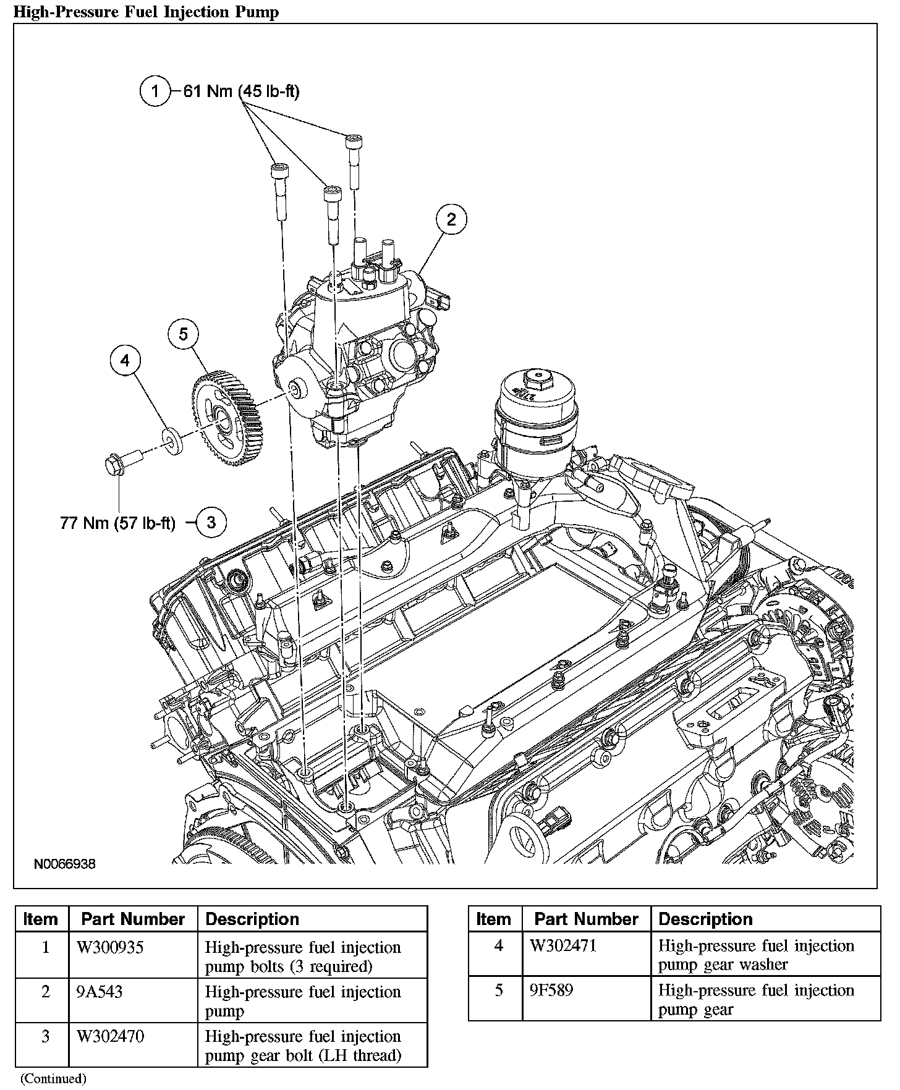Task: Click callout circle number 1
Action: point(155,91)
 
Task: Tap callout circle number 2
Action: point(451,219)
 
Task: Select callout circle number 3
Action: point(211,523)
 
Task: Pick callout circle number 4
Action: point(125,360)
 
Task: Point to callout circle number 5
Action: point(184,334)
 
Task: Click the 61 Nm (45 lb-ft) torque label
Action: point(241,91)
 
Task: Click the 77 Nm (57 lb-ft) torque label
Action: point(117,523)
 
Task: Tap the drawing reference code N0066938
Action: point(65,864)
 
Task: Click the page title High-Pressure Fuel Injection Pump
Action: point(146,12)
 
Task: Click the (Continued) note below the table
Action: point(53,1078)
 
